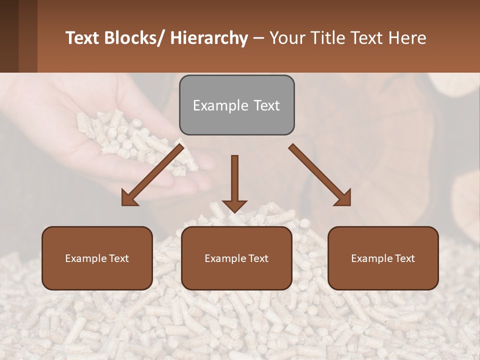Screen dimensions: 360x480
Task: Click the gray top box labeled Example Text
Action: pos(236,105)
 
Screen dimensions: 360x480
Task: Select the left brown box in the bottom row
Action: pos(97,258)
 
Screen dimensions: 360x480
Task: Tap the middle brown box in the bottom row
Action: pos(236,258)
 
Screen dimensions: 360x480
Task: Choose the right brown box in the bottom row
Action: pos(383,258)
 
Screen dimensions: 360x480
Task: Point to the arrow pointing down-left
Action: pos(152,175)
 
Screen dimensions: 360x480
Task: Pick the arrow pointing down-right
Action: pos(320,175)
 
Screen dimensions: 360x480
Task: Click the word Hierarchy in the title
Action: pos(208,38)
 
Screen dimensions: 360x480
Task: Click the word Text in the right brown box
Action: pos(404,258)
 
